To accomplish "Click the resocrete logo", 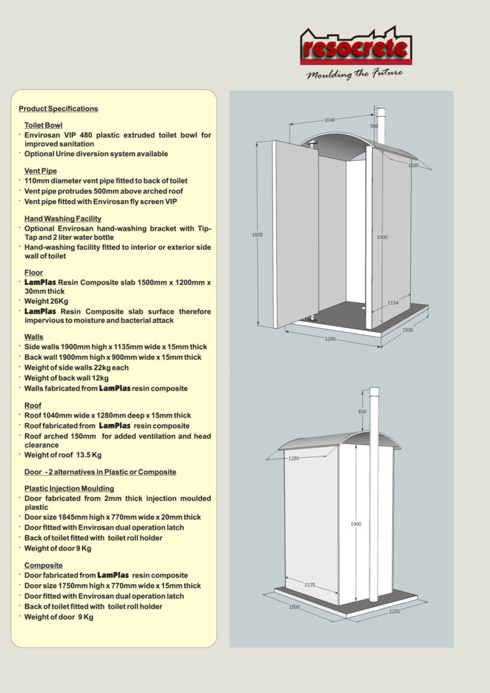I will [355, 47].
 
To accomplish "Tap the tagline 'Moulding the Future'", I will [354, 73].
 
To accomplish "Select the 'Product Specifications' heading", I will [58, 109].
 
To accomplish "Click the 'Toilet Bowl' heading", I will [43, 126].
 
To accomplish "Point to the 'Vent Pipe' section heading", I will [40, 171].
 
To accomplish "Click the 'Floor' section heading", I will [33, 273].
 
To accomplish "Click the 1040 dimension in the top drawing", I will [330, 120].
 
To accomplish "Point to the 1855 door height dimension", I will [257, 235].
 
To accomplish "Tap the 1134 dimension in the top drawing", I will [392, 303].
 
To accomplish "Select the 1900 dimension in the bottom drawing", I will [356, 524].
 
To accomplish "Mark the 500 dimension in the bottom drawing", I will [362, 411].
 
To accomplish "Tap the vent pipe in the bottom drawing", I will [374, 497].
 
